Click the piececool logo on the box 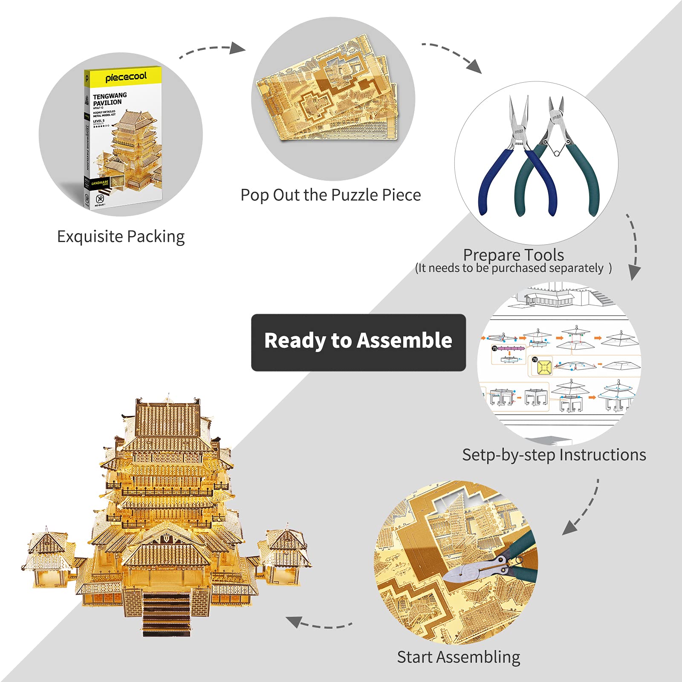coord(126,77)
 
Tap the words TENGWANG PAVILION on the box coord(110,99)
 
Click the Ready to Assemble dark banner coord(358,342)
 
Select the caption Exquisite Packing coord(121,237)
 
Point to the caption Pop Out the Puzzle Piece coord(330,195)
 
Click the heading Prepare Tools coord(513,255)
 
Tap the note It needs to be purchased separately coord(513,268)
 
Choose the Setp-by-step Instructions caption coord(554,455)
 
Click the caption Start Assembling coord(458,657)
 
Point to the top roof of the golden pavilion coord(168,420)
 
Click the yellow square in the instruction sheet coord(544,367)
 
